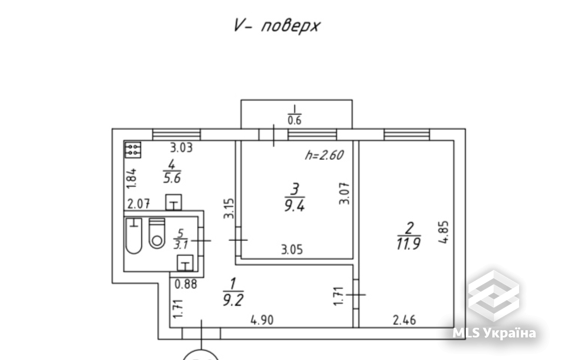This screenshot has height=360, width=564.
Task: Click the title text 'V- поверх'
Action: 277,26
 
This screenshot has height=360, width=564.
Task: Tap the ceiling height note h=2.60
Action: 324,155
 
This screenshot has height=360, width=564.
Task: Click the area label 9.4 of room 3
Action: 294,205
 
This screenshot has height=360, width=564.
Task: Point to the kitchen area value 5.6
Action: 172,178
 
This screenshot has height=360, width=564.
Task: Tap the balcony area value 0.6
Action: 294,120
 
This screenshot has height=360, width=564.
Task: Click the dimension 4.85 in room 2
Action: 444,232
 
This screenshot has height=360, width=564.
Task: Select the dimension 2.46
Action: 404,320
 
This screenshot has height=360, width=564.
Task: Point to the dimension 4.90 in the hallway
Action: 262,320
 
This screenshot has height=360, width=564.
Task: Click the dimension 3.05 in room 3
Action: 292,250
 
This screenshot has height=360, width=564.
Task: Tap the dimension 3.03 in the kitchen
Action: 181,147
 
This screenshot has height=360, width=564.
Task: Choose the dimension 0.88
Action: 186,284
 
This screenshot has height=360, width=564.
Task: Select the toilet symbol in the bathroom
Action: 157,233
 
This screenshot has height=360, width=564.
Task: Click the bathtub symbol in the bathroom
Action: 134,236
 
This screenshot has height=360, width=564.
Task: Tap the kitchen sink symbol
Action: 174,202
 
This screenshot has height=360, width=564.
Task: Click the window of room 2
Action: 406,134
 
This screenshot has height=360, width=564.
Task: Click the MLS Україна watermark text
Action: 494,333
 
